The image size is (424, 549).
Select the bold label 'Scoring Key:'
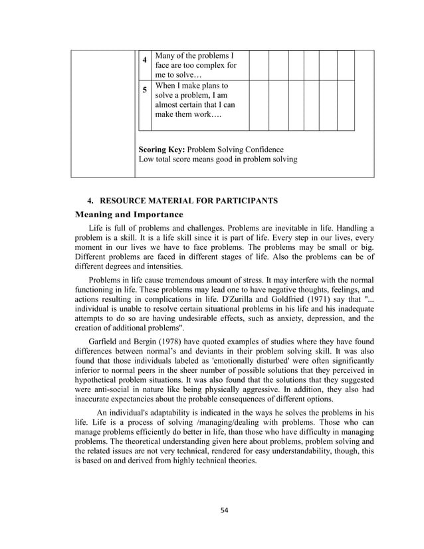pyautogui.click(x=161, y=150)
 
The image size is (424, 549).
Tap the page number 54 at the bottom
pyautogui.click(x=225, y=510)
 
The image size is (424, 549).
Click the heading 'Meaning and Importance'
pyautogui.click(x=129, y=215)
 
